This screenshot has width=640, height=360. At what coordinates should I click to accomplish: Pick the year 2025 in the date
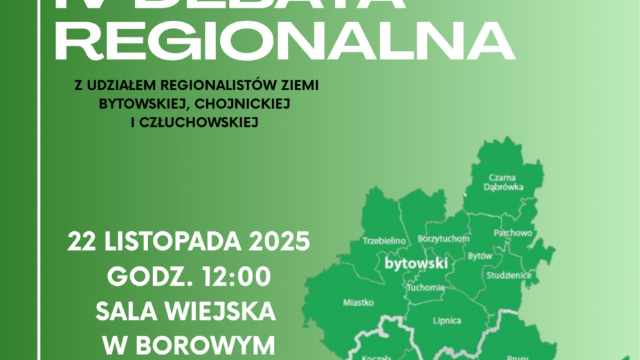[275, 242]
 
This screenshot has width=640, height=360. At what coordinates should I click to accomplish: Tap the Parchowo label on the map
[513, 233]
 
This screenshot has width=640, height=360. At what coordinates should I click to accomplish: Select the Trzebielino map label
[383, 241]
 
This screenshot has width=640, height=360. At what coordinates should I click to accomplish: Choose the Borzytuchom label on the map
[444, 239]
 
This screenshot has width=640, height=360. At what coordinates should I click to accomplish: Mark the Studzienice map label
[509, 276]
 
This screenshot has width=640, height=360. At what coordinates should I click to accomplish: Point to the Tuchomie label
[426, 287]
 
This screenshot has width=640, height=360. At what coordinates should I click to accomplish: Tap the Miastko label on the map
[358, 303]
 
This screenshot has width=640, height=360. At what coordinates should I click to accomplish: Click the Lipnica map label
[446, 321]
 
